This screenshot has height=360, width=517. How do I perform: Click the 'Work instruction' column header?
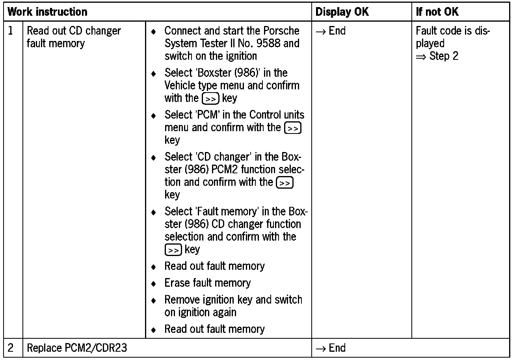point(48,12)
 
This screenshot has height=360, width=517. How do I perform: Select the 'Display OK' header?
point(342,12)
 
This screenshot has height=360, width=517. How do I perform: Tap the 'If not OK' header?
point(437,12)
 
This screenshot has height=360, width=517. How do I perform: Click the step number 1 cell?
point(11,31)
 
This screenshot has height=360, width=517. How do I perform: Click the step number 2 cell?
point(11,348)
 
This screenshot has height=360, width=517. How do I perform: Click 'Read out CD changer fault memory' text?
point(74,37)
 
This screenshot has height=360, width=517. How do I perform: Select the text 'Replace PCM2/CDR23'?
point(77,348)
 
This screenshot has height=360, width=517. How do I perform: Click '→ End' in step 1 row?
point(331,31)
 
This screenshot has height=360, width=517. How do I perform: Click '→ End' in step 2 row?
point(331,348)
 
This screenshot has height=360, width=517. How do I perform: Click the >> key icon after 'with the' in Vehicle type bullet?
point(211,98)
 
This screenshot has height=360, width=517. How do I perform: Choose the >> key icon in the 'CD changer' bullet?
point(284,183)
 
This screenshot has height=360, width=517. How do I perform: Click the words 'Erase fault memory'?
point(207,283)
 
